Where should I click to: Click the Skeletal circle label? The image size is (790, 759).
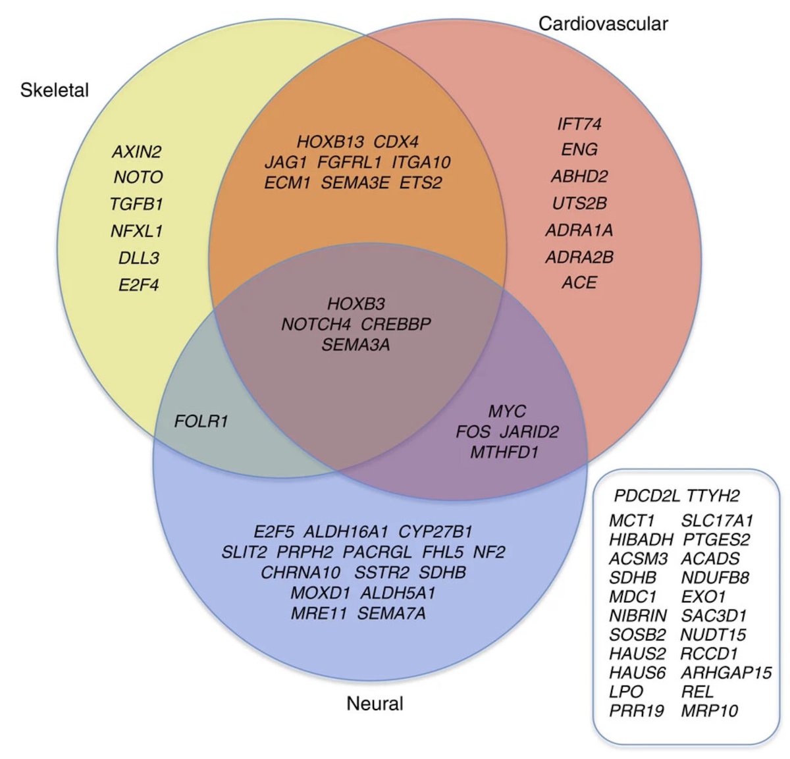(55, 90)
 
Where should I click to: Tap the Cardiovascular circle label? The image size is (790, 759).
(603, 24)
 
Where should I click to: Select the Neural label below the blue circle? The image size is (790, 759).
(375, 704)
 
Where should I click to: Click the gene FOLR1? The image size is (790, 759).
(201, 421)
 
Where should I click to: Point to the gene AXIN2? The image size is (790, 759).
(136, 152)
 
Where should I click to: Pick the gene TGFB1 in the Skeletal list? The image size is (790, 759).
(136, 204)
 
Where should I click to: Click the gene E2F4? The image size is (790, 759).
(138, 285)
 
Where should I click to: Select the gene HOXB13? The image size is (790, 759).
(329, 142)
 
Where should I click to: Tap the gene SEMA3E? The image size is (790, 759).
(355, 183)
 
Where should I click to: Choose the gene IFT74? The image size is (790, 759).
(579, 124)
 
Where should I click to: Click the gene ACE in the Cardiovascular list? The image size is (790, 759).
(579, 282)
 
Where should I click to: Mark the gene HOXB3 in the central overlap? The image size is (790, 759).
(355, 304)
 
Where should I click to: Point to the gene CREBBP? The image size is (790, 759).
(396, 325)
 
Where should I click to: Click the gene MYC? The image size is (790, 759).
(507, 411)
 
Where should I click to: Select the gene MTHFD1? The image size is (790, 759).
(504, 452)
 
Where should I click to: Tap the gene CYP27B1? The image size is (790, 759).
(435, 532)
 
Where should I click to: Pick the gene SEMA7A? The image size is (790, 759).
(392, 614)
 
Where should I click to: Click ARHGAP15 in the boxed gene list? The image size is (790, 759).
(725, 673)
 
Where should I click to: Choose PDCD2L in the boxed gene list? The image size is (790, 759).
(646, 496)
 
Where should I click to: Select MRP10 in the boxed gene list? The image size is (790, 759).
(709, 711)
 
